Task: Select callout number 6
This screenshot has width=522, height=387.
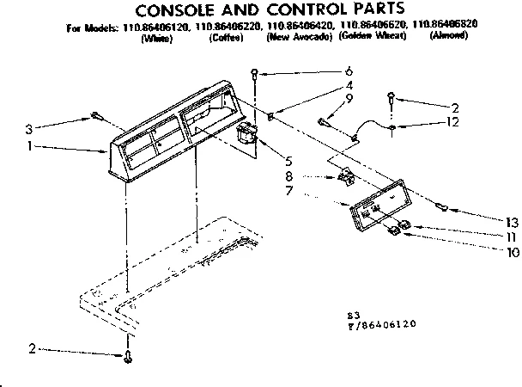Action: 349,71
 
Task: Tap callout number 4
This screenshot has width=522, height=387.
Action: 349,85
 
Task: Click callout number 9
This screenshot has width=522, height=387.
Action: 349,100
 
